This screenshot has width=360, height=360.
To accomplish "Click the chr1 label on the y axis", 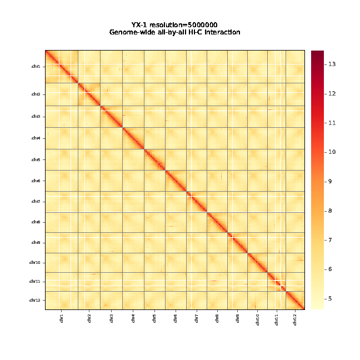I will pos(36,67).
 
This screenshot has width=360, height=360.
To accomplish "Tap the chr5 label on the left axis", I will pos(36,160).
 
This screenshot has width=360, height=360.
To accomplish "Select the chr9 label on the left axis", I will pos(36,243).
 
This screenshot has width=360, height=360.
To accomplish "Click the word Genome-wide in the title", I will pos(132,33).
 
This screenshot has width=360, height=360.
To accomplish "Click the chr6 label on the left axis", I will pos(36,181).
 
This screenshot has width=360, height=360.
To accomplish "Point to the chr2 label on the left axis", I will pos(36,94).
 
